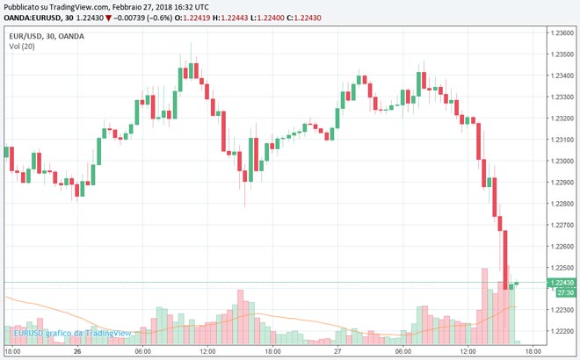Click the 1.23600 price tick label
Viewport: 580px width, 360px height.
coord(562,32)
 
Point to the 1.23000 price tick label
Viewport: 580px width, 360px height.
coord(562,162)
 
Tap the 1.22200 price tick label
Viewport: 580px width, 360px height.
coord(562,331)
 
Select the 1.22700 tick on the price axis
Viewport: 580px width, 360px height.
coord(562,225)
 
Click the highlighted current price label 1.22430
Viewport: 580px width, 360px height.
coord(562,282)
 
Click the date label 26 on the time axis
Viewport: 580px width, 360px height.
coord(77,351)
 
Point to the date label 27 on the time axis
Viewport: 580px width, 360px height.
coord(336,351)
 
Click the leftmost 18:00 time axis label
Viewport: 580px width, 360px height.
coord(13,351)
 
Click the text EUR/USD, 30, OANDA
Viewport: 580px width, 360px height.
coord(44,35)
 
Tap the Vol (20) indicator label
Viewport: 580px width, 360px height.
coord(21,46)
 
